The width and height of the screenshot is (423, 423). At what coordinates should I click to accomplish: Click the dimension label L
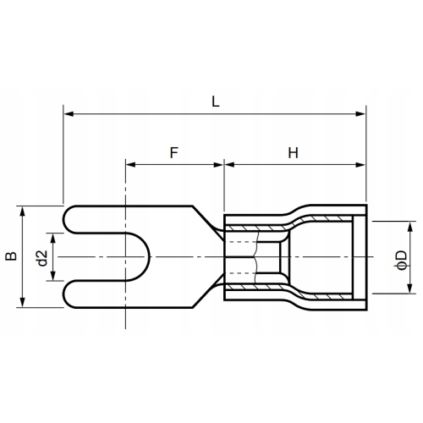tap(216, 101)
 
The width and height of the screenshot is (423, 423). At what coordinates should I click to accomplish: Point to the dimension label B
tap(9, 256)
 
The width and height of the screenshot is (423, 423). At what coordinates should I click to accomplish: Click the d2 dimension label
tap(41, 256)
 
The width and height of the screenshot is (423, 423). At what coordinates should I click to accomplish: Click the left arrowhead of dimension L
tap(68, 112)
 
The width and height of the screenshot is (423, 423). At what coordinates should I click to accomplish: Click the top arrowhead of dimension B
tap(23, 210)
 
